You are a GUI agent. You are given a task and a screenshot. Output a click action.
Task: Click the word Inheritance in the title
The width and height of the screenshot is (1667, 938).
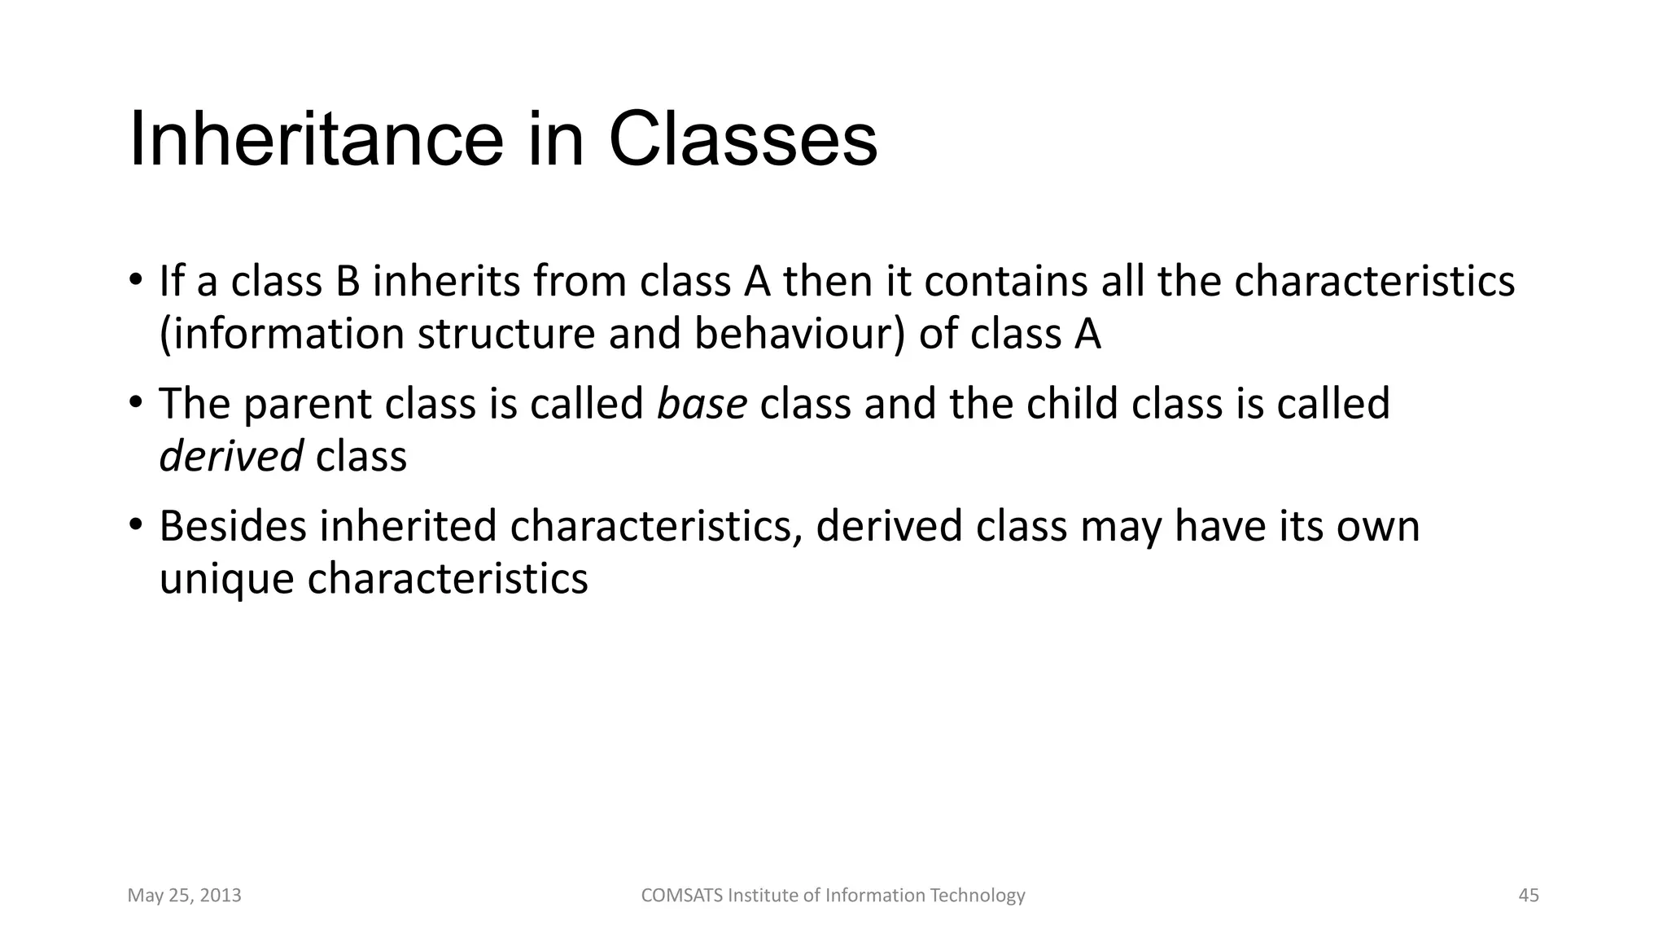click(316, 140)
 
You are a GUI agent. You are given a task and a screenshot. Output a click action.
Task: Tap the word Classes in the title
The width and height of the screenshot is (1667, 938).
click(742, 140)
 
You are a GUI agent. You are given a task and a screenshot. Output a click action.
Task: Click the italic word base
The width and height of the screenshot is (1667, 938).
click(702, 404)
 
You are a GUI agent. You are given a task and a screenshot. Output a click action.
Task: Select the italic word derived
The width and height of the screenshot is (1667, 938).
click(230, 456)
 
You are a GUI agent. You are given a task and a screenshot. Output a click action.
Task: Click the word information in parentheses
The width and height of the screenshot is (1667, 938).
click(282, 335)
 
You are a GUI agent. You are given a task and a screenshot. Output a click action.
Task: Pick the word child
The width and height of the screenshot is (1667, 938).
click(1070, 404)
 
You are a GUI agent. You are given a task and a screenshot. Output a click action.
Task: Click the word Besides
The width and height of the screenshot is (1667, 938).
click(233, 526)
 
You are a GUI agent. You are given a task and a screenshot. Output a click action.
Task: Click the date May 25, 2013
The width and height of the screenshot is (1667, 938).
click(184, 896)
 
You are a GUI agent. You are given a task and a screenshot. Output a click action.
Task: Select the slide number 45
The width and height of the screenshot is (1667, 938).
click(1529, 896)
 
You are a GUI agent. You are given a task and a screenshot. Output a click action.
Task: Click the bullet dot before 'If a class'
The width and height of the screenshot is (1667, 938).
click(136, 278)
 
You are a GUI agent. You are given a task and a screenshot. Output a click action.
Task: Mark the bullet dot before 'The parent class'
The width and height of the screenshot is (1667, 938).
click(136, 401)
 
